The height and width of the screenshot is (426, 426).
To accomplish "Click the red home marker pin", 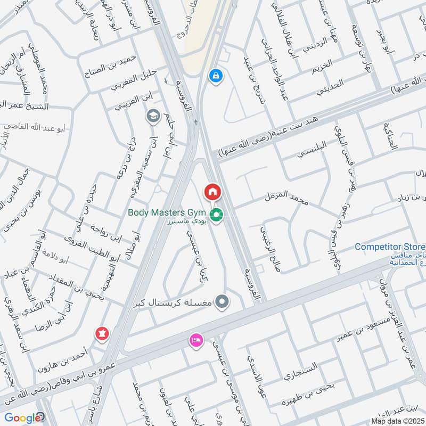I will point(212,191).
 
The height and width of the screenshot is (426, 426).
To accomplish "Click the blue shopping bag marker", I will point(216,76).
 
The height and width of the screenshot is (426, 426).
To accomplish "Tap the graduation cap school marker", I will point(153,116).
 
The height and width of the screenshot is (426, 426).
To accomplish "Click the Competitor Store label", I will point(389,247).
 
